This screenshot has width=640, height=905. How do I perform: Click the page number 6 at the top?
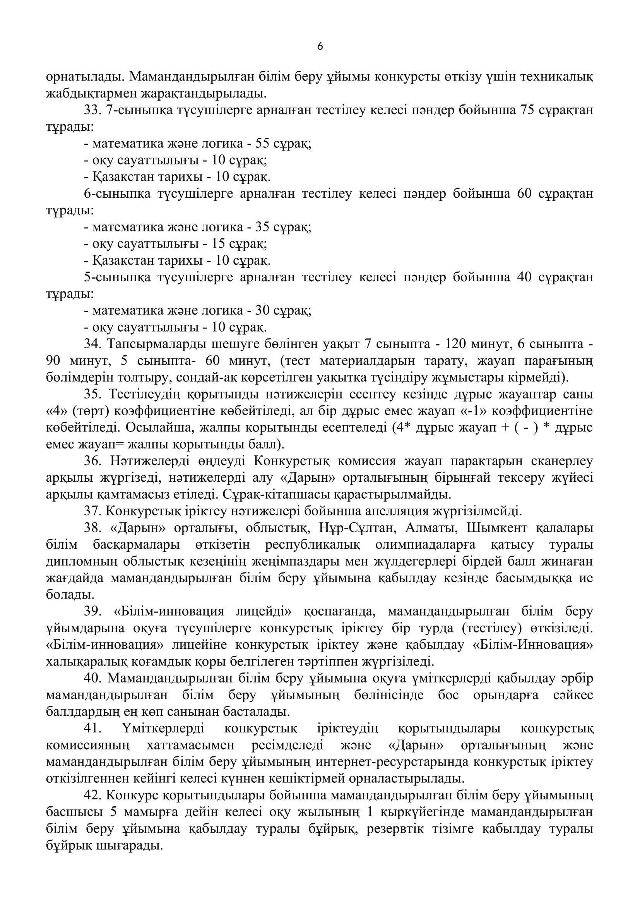tap(320, 47)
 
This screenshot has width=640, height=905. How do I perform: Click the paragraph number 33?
tap(92, 110)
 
